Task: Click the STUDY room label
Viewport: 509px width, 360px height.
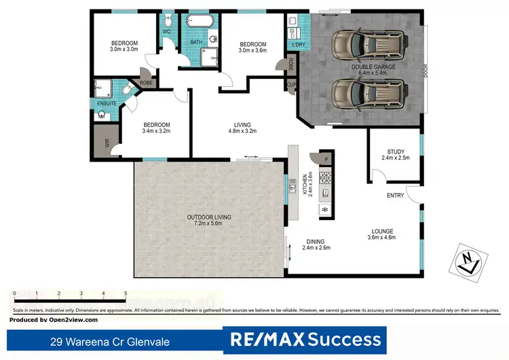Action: (x=396, y=151)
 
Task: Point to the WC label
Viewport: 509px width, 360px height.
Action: (x=167, y=31)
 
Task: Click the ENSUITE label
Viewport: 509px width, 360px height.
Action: (x=107, y=104)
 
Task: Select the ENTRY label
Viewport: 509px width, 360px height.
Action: (x=395, y=196)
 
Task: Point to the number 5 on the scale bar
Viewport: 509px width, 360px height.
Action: (x=126, y=293)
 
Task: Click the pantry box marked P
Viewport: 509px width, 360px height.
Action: (x=326, y=160)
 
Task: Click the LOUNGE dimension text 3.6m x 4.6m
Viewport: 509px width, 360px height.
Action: (x=381, y=238)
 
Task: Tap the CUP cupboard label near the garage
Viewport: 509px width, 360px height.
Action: (x=291, y=85)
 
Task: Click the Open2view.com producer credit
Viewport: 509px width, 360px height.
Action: (x=54, y=319)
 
